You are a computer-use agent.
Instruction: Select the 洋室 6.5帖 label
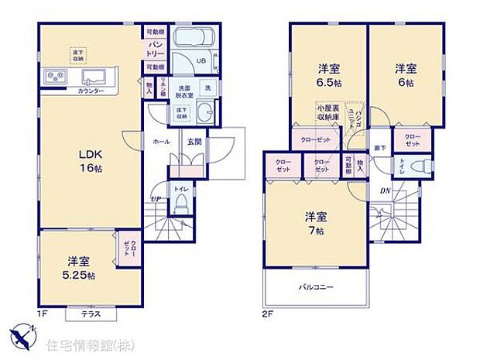coord(329,74)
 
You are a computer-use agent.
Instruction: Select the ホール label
coord(162,142)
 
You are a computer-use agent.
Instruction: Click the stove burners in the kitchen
coord(57,77)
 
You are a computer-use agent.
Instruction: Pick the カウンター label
coord(91,91)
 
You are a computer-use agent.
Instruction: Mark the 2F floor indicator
coord(266,315)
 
